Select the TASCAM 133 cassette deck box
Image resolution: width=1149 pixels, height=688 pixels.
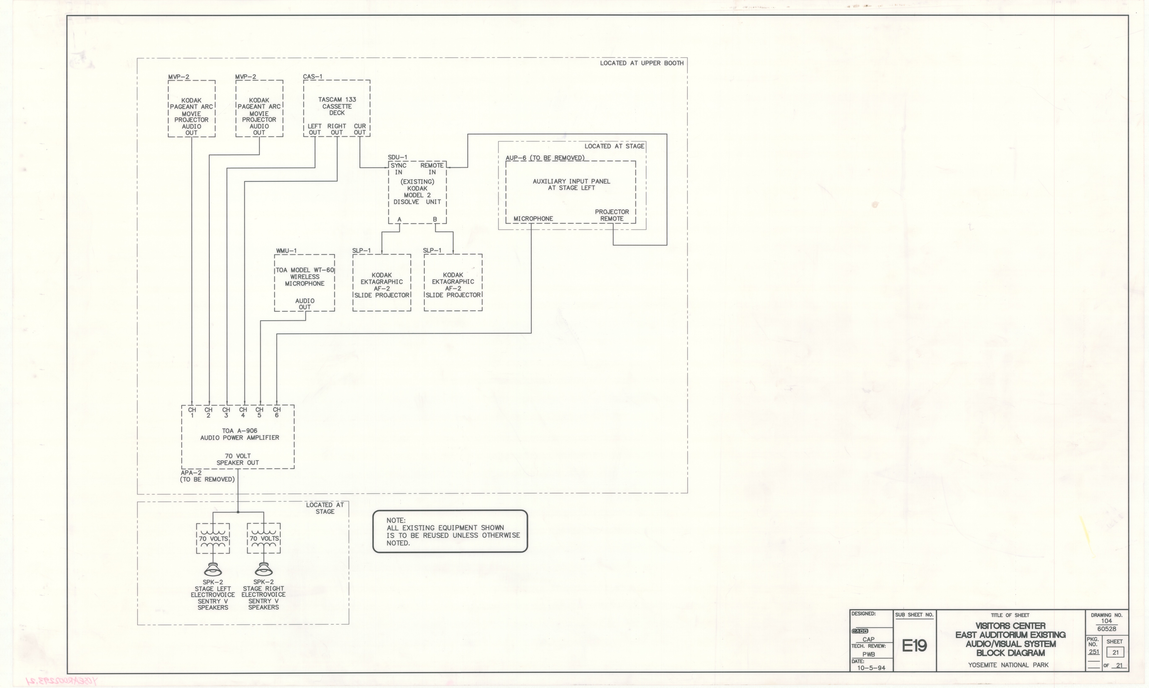pyautogui.click(x=337, y=108)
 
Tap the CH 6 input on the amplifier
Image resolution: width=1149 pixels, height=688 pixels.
pyautogui.click(x=277, y=412)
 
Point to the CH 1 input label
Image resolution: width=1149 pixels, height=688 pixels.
pyautogui.click(x=192, y=412)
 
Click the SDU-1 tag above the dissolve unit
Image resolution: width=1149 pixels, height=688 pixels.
pyautogui.click(x=397, y=158)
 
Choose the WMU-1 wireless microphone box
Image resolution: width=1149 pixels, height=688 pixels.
pyautogui.click(x=305, y=282)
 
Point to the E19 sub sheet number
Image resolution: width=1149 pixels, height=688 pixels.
pyautogui.click(x=914, y=645)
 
